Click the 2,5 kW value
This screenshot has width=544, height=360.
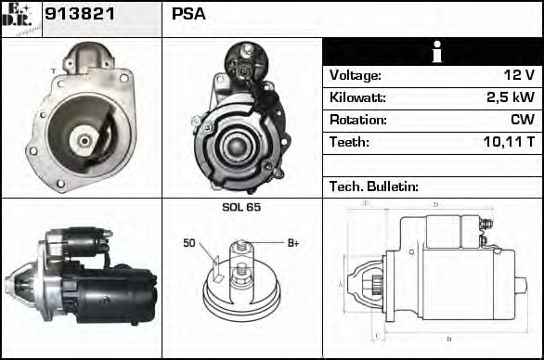510,97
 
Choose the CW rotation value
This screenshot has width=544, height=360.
521,120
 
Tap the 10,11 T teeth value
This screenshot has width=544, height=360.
509,142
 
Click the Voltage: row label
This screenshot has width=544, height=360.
356,75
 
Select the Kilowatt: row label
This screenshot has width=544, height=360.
357,97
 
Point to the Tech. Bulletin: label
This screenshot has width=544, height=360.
374,186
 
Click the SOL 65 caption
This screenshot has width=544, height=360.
241,207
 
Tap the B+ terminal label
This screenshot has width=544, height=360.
292,243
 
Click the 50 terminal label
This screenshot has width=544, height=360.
188,243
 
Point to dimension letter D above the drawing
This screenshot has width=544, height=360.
435,204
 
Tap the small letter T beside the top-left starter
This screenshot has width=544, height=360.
53,71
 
